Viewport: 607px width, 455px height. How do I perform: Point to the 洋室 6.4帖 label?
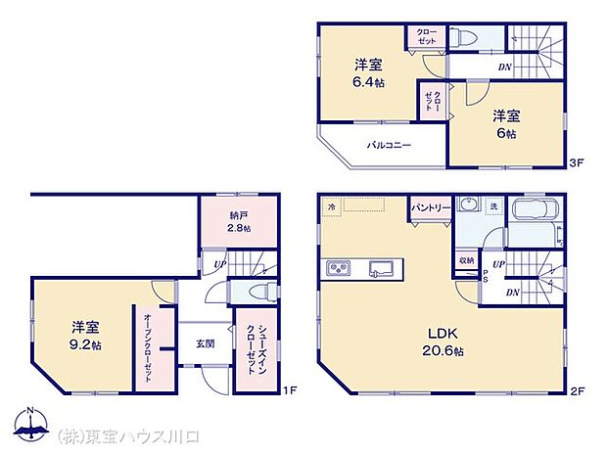[368, 73]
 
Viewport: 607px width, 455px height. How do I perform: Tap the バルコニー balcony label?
[389, 145]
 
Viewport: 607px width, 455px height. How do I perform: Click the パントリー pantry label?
[430, 208]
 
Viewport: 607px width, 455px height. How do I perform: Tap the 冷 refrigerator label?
[333, 206]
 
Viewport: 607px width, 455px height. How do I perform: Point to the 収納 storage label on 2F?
[466, 260]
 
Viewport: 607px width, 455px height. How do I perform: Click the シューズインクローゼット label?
[254, 346]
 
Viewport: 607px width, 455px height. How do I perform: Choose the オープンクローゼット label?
[147, 347]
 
